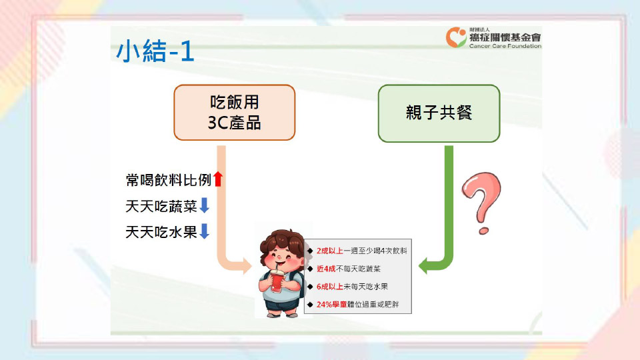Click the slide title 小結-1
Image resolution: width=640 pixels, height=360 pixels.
click(155, 51)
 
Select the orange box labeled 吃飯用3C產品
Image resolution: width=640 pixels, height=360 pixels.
click(234, 113)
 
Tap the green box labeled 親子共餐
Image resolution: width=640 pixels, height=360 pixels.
click(439, 113)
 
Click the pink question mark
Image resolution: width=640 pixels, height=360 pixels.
click(481, 203)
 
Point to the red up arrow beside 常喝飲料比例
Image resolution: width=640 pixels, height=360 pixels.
click(218, 179)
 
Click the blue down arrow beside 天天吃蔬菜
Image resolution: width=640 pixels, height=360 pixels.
click(204, 205)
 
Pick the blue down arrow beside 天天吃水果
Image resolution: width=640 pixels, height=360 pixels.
click(204, 231)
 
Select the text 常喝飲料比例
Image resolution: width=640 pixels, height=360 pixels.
click(168, 179)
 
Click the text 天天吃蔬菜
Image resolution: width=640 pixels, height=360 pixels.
click(161, 206)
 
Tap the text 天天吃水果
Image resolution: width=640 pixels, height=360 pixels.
click(161, 232)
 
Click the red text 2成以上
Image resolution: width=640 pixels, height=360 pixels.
click(329, 251)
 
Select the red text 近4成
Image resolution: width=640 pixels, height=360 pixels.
click(326, 269)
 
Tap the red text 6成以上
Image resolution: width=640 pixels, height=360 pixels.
click(329, 287)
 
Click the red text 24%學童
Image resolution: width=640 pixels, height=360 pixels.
click(331, 305)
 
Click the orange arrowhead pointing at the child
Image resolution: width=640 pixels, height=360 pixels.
click(247, 266)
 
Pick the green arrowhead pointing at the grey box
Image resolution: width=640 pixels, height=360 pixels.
click(423, 266)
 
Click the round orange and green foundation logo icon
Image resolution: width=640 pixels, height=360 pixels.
click(456, 37)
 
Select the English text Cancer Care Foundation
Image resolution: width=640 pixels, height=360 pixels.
click(505, 46)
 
